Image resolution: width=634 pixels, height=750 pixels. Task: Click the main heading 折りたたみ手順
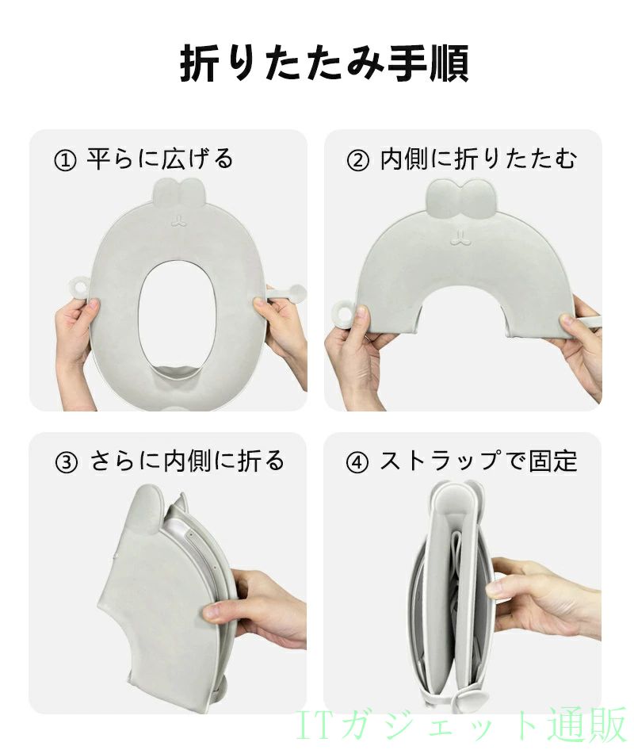point(323,63)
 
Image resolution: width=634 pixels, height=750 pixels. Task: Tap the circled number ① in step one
point(66,160)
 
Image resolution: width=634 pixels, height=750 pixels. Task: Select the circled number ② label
point(357,160)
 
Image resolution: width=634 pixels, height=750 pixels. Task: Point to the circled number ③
point(67,462)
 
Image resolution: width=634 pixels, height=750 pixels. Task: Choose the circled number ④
point(357,462)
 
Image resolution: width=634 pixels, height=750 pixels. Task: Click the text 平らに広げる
point(160,159)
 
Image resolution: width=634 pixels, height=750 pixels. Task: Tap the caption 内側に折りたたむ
point(479,159)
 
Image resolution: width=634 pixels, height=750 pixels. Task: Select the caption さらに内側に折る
point(187,461)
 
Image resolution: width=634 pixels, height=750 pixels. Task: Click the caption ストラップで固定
point(479,461)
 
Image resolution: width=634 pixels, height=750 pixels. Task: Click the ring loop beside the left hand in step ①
point(79,289)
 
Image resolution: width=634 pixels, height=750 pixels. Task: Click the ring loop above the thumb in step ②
point(343,312)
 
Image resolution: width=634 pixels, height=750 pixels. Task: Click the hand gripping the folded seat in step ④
point(545,598)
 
